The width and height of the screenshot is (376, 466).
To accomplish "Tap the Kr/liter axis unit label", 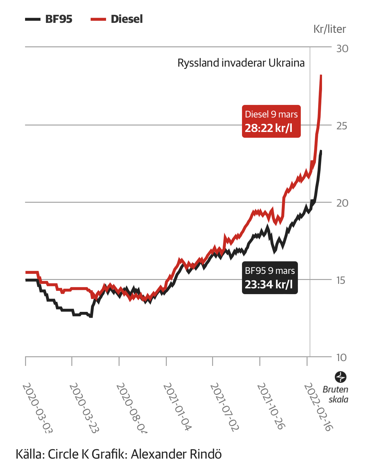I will tap(329, 29).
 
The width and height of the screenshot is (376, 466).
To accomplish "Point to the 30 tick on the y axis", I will tap(342, 49).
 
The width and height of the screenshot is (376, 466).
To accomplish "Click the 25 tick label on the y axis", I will tap(342, 126).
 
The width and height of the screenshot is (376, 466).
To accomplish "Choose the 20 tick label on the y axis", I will tap(342, 203).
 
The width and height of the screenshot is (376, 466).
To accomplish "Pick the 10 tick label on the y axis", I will tap(342, 358).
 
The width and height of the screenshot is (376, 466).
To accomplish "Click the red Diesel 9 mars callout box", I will tap(271, 121).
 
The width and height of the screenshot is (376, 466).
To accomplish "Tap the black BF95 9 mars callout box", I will tap(270, 278).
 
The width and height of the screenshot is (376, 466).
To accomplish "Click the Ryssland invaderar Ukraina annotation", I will tap(241, 63).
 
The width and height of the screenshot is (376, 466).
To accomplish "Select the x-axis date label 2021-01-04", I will tap(177, 406).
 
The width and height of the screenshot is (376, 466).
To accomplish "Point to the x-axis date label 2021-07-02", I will tap(224, 406).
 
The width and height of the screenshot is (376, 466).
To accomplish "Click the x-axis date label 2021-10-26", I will tap(271, 406).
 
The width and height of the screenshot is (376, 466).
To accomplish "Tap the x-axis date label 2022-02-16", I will tap(318, 406).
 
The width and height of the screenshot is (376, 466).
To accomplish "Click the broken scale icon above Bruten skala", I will tap(341, 377).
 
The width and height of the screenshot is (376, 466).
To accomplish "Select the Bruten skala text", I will tap(336, 394).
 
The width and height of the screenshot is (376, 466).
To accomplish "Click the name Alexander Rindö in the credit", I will tap(176, 454).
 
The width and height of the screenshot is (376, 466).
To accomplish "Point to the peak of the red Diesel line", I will tap(321, 76).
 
